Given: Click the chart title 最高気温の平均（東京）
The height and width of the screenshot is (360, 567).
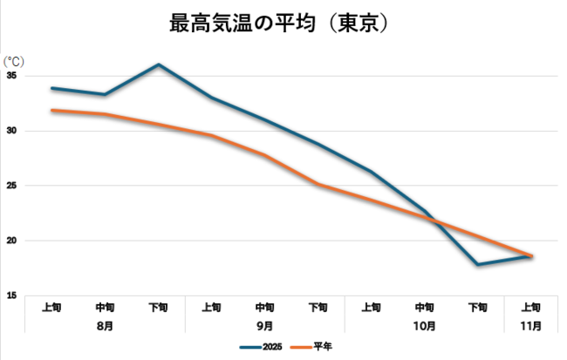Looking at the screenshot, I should [x=278, y=24].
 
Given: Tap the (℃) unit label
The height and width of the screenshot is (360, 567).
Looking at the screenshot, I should [x=15, y=61].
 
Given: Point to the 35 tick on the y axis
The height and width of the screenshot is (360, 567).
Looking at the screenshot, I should [x=12, y=76].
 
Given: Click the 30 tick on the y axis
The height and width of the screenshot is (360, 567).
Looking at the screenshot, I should [x=12, y=131].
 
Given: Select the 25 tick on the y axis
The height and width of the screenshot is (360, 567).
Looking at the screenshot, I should [x=12, y=186].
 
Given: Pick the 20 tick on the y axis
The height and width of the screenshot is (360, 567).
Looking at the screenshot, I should [x=12, y=241].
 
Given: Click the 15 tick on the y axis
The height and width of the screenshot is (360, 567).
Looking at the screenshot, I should [x=12, y=295].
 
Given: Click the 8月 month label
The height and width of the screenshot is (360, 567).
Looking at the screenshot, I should [x=105, y=325].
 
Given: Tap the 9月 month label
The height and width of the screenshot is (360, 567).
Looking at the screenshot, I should [x=264, y=325].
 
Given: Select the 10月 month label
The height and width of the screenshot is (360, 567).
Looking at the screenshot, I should [x=424, y=325].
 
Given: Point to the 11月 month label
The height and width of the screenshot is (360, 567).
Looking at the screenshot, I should [x=530, y=325].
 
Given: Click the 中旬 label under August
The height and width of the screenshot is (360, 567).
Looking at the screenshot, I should [x=105, y=307].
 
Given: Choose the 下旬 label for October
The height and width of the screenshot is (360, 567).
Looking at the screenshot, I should [x=477, y=307].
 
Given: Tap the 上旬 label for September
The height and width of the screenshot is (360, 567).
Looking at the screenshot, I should [x=211, y=307].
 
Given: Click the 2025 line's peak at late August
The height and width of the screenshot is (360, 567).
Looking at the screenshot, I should [x=158, y=65].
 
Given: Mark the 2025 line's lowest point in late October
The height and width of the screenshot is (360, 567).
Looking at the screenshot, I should [x=477, y=264].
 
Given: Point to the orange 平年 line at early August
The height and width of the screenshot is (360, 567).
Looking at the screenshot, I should [x=52, y=111].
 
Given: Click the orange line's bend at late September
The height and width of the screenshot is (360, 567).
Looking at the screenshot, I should [x=318, y=184].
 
